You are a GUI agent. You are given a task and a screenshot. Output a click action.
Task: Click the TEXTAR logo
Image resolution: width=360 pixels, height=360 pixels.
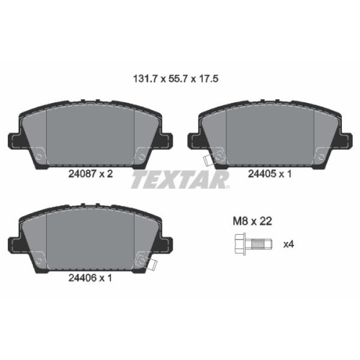pyautogui.click(x=179, y=179)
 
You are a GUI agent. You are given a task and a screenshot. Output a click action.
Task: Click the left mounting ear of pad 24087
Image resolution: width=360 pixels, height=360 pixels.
pyautogui.click(x=13, y=142)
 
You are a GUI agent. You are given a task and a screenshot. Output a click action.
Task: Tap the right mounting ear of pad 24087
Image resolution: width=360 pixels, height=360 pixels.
pyautogui.click(x=170, y=142)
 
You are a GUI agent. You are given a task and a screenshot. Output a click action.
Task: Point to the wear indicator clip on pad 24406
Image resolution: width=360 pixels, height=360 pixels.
pyautogui.click(x=152, y=260)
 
